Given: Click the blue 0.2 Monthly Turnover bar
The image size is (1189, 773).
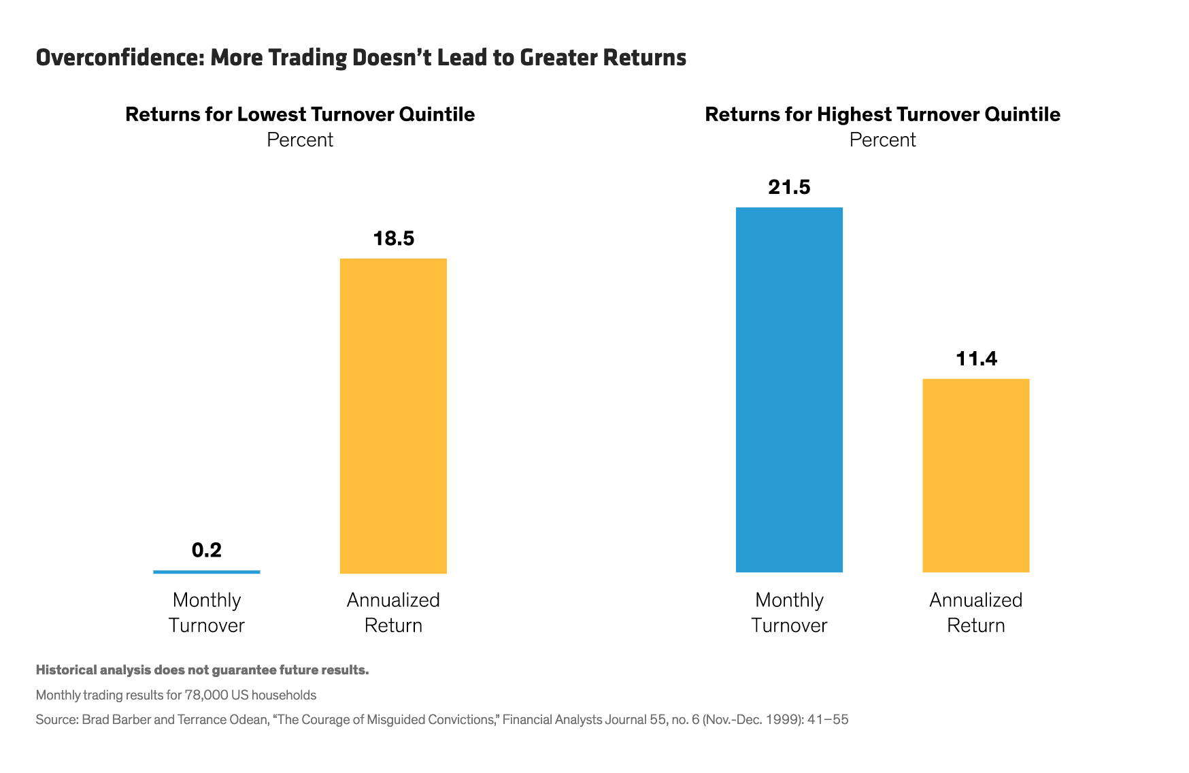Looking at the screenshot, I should [207, 572].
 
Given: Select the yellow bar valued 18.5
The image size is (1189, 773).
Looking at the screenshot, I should [393, 416].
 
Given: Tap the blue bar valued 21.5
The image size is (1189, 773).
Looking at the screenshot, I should [789, 390].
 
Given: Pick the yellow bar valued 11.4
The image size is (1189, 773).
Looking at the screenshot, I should [975, 476].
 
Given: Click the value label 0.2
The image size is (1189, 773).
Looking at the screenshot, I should [207, 550].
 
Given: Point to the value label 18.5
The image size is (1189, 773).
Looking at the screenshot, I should [393, 238].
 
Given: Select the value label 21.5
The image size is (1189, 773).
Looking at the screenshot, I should [789, 187].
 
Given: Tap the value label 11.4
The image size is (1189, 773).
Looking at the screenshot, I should [976, 359].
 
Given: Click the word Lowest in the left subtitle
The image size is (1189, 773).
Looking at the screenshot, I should [270, 114].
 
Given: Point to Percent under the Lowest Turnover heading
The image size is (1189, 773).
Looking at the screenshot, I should [300, 140].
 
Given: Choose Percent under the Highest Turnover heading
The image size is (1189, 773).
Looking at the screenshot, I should [882, 140].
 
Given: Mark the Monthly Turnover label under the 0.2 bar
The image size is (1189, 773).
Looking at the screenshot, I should [207, 612].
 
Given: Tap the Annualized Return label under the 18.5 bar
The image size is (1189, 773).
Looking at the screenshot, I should [393, 612].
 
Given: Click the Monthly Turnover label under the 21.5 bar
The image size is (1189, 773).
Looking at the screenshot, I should [789, 612].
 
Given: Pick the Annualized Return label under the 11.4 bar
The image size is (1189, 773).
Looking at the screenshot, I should [975, 612].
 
